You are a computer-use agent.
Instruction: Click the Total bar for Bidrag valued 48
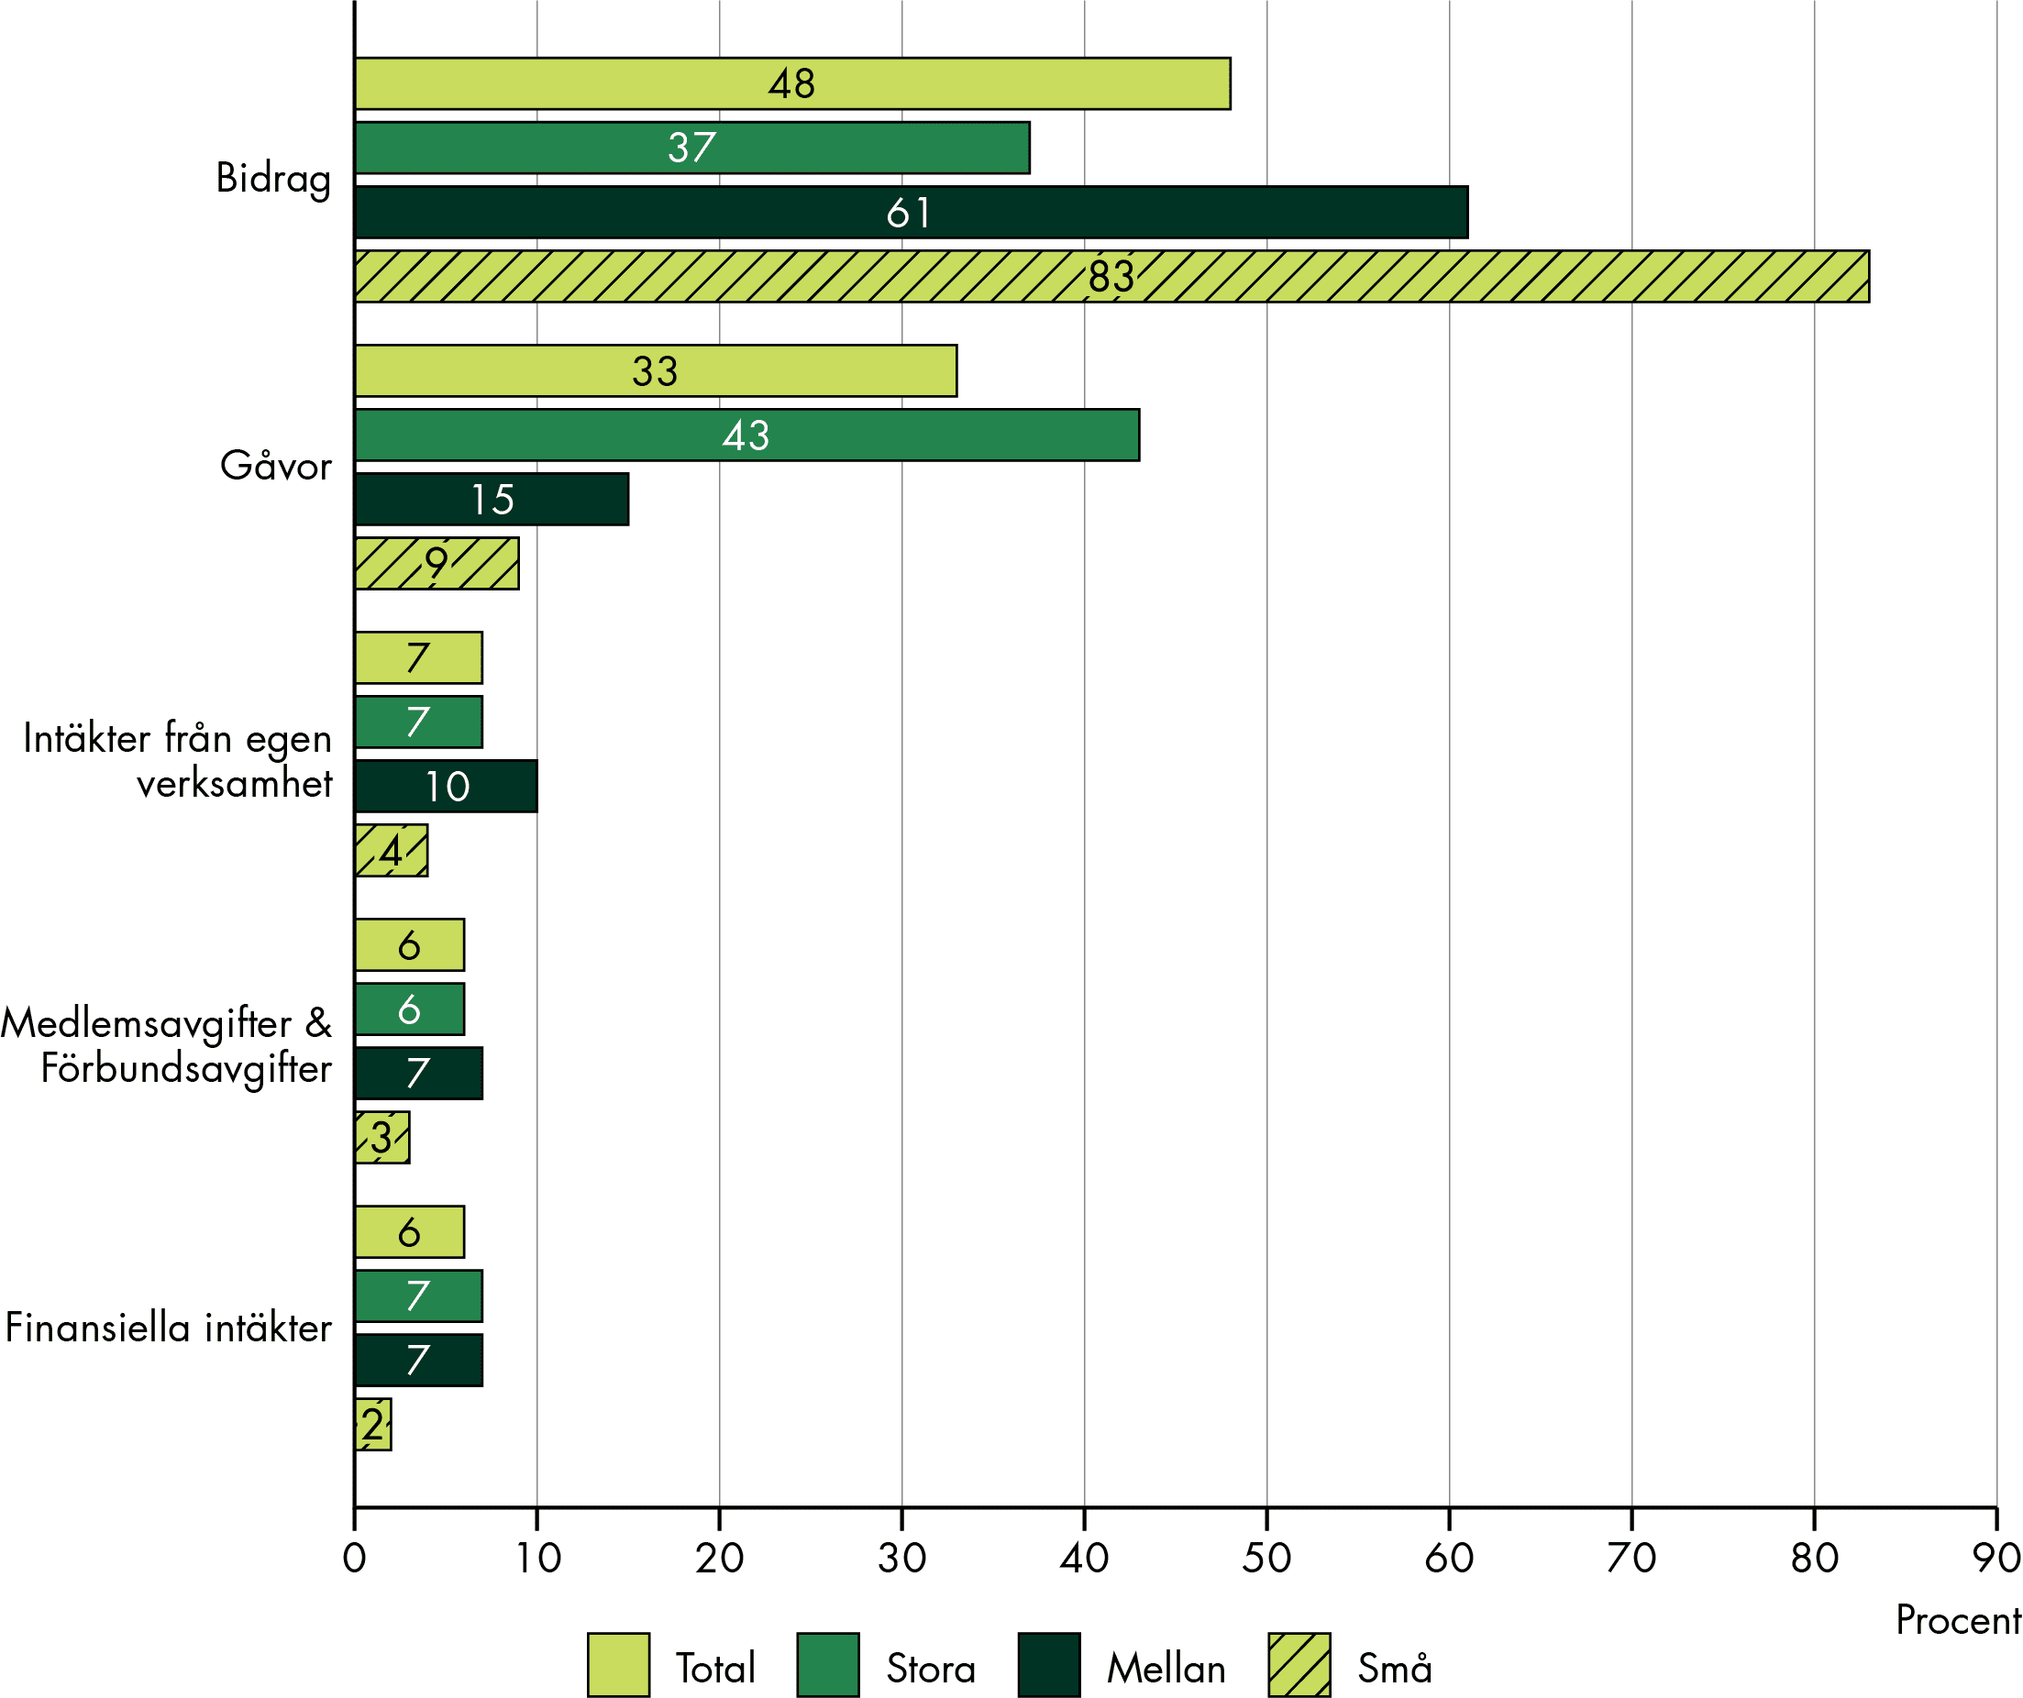pyautogui.click(x=793, y=83)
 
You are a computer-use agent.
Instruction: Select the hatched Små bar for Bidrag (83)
pyautogui.click(x=1112, y=276)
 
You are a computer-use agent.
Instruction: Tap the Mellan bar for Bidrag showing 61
pyautogui.click(x=912, y=212)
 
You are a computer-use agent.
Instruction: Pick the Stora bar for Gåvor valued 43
pyautogui.click(x=747, y=436)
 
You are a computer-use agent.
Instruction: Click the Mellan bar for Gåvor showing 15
pyautogui.click(x=492, y=499)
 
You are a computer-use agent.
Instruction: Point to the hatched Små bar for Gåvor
pyautogui.click(x=437, y=564)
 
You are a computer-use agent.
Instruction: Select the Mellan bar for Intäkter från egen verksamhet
pyautogui.click(x=446, y=786)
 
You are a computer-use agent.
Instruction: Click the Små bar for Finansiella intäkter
pyautogui.click(x=374, y=1425)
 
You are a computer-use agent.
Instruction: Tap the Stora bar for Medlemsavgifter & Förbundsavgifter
pyautogui.click(x=409, y=1009)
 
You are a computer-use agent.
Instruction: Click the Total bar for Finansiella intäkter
pyautogui.click(x=409, y=1232)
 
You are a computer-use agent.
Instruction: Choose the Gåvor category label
pyautogui.click(x=275, y=466)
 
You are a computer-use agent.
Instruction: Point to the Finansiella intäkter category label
pyautogui.click(x=169, y=1329)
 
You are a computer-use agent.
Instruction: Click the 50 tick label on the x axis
pyautogui.click(x=1266, y=1558)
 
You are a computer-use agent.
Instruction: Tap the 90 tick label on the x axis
pyautogui.click(x=1997, y=1558)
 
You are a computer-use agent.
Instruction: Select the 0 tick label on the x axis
pyautogui.click(x=355, y=1558)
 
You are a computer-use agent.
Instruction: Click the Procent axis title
pyautogui.click(x=1959, y=1621)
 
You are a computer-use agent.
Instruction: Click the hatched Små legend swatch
pyautogui.click(x=1299, y=1665)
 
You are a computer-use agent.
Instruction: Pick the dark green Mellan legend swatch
pyautogui.click(x=1049, y=1665)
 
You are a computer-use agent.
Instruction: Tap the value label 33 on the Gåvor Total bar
pyautogui.click(x=655, y=371)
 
